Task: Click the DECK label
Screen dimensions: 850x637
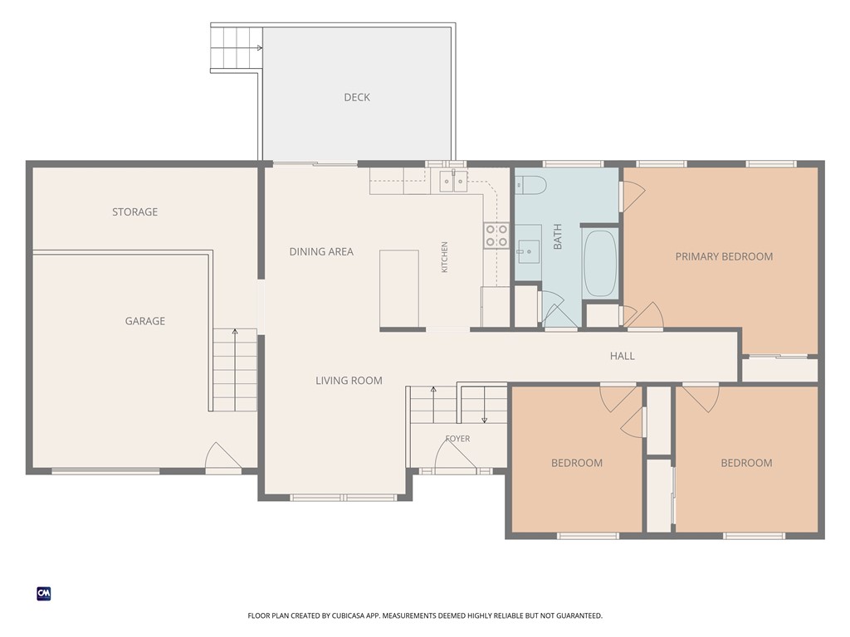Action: point(357,98)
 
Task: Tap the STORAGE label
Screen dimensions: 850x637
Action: point(135,212)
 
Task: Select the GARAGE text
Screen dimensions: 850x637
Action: point(144,321)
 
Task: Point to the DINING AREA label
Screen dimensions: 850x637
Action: point(321,251)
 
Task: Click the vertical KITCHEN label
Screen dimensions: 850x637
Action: point(445,257)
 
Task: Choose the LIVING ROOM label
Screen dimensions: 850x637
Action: point(349,381)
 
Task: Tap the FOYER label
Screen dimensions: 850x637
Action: point(457,439)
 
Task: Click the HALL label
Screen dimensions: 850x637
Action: point(622,356)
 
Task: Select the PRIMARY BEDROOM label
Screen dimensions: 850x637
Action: point(724,257)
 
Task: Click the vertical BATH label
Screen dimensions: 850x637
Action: point(557,236)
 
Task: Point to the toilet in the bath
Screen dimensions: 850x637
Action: point(530,185)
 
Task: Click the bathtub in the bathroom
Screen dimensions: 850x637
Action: point(600,263)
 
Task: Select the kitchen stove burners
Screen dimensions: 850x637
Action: point(496,236)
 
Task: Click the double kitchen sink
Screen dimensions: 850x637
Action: point(453,181)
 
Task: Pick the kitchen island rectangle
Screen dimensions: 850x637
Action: point(399,289)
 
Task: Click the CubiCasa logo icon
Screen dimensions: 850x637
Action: point(44,594)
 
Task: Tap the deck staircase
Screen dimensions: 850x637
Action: point(237,48)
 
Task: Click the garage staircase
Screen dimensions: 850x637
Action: point(234,369)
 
